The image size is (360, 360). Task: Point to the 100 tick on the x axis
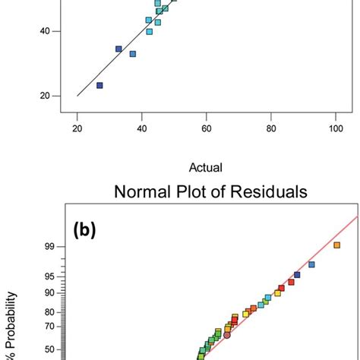(x=335, y=130)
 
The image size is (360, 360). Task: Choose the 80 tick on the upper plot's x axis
(x=270, y=130)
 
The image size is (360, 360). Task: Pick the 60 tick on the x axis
(x=206, y=130)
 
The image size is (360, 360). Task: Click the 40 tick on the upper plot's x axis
(x=141, y=130)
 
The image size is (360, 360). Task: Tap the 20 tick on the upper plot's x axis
(x=77, y=130)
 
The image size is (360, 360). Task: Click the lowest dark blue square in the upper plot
(x=99, y=85)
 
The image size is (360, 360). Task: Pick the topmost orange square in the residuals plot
(x=336, y=245)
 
